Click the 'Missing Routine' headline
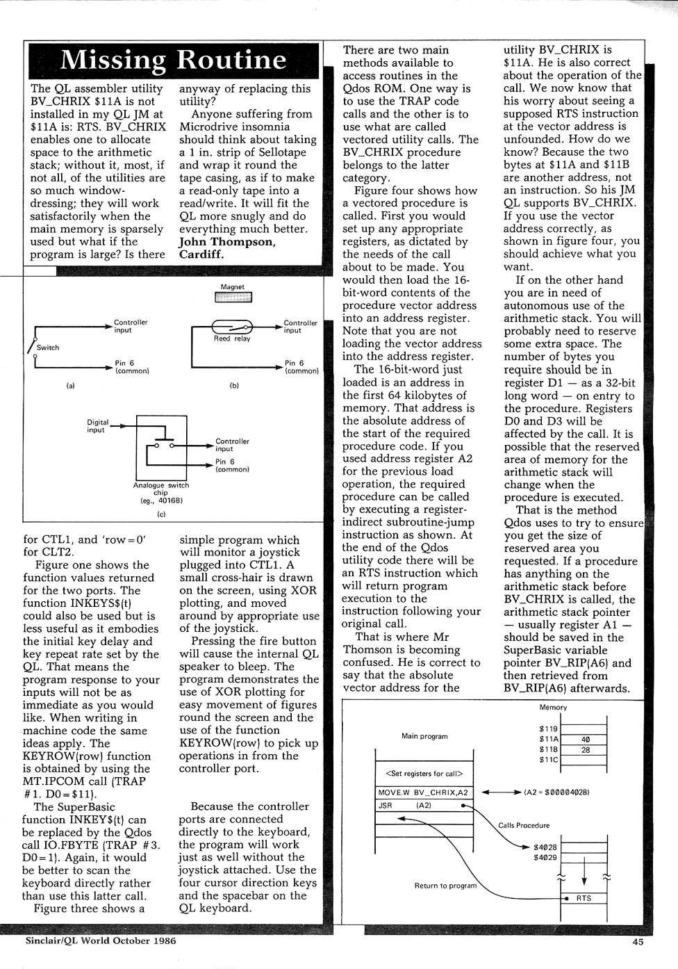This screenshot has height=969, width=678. coord(173,60)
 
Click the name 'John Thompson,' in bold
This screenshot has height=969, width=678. coord(227,241)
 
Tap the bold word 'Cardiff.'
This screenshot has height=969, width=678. coord(202,254)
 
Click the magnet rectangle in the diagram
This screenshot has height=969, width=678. coord(233,298)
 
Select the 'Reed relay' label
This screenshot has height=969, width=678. coord(232,339)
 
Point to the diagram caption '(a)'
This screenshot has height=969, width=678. coord(70,385)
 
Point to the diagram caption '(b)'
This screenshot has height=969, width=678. coord(234,385)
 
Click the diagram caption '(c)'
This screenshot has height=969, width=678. coord(161,514)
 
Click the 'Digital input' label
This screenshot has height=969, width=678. coord(96,425)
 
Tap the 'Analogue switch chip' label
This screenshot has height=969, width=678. coord(161,489)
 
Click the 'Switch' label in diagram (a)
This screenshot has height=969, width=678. coord(48,348)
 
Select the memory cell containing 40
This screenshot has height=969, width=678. coord(585,740)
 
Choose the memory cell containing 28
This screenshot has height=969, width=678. coord(585,750)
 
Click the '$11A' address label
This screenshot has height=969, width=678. coord(549,740)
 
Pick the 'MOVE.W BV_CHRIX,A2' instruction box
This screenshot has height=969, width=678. coord(423,792)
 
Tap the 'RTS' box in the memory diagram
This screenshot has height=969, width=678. coord(584,898)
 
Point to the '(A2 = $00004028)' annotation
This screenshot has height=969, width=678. coord(556,792)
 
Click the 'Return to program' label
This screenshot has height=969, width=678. coord(445,886)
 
